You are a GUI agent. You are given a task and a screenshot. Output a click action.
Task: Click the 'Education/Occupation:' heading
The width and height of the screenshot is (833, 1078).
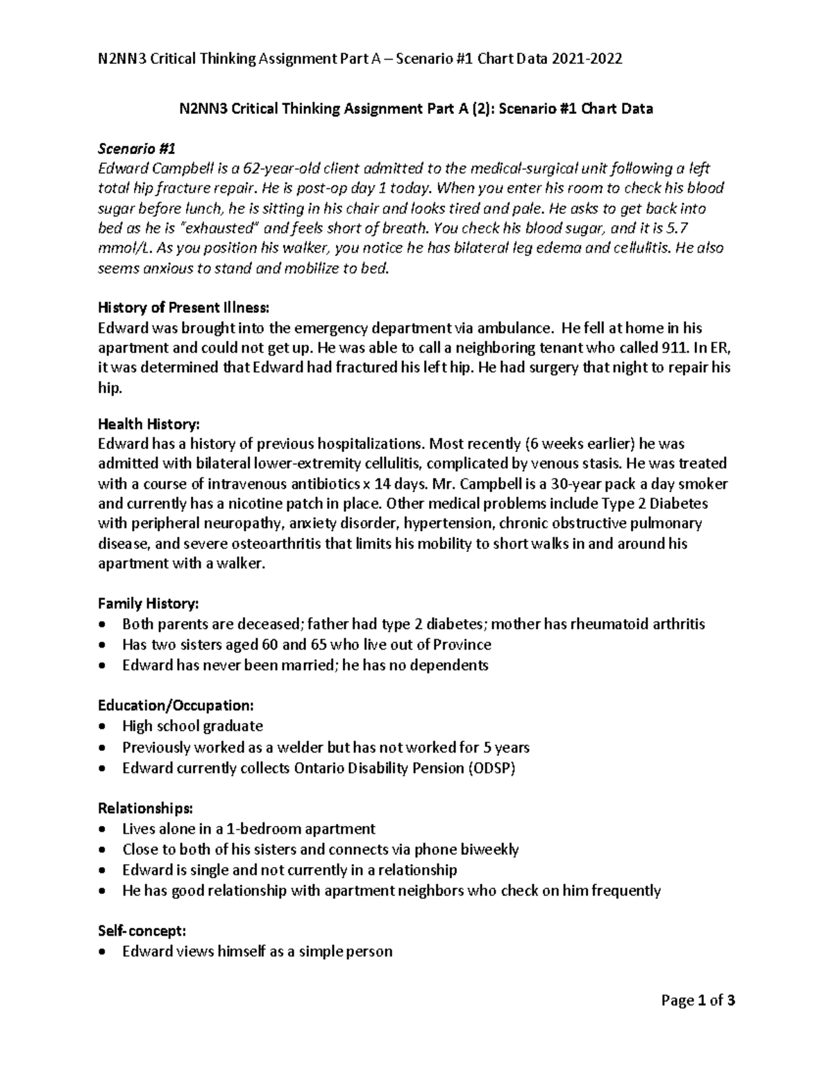(x=176, y=706)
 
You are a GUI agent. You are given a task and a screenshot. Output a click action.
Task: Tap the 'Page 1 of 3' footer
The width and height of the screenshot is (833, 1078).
(x=698, y=1000)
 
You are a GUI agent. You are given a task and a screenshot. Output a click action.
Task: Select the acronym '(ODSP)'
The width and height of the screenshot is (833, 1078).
(x=491, y=768)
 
